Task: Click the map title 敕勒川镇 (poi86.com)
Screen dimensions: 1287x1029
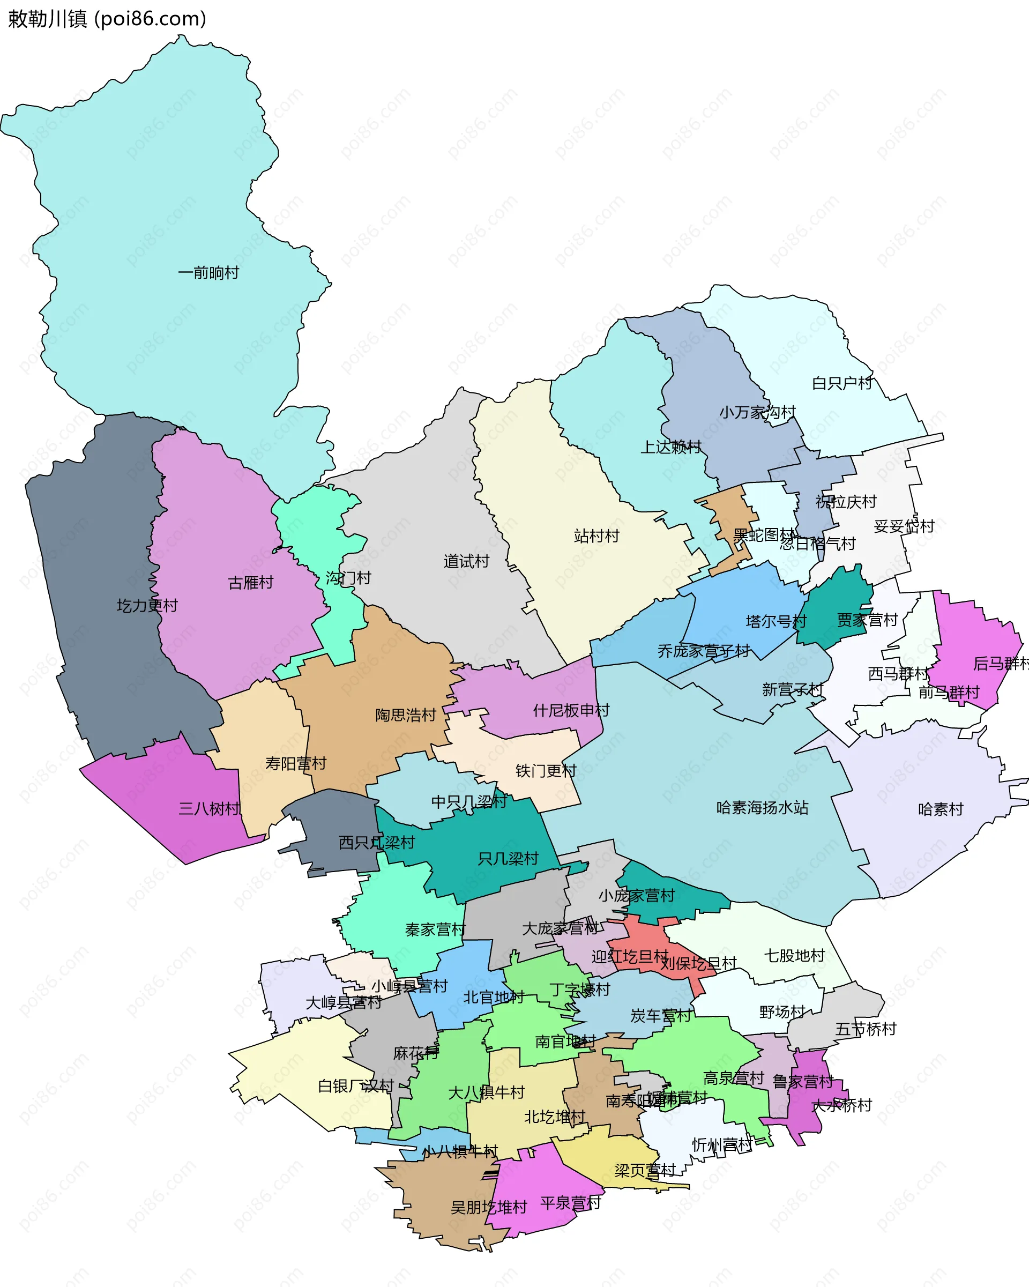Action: click(107, 19)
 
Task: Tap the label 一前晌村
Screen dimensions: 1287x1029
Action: click(208, 273)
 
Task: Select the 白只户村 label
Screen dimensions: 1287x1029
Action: click(842, 383)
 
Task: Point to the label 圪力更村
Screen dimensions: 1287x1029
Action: click(147, 605)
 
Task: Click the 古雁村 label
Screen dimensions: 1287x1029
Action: click(251, 582)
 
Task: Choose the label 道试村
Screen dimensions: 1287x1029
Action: click(466, 561)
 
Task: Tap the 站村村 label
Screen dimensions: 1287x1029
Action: click(596, 535)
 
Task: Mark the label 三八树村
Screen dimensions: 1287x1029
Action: click(210, 808)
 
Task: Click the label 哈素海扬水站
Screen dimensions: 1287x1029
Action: click(762, 808)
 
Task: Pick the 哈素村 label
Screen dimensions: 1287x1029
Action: click(941, 809)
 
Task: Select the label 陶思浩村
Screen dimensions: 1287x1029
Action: click(406, 715)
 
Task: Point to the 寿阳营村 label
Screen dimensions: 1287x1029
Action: click(296, 763)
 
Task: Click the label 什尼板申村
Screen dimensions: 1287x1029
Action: click(571, 710)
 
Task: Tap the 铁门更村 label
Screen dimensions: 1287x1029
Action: click(546, 771)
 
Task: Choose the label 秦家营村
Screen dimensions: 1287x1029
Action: click(435, 929)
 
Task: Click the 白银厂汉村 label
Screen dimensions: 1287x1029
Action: click(356, 1086)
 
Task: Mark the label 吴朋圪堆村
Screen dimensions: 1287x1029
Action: click(489, 1208)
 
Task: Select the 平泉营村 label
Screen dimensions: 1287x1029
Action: click(571, 1203)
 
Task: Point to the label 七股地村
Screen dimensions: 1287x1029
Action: click(794, 956)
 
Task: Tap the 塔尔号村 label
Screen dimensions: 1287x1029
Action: click(776, 621)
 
